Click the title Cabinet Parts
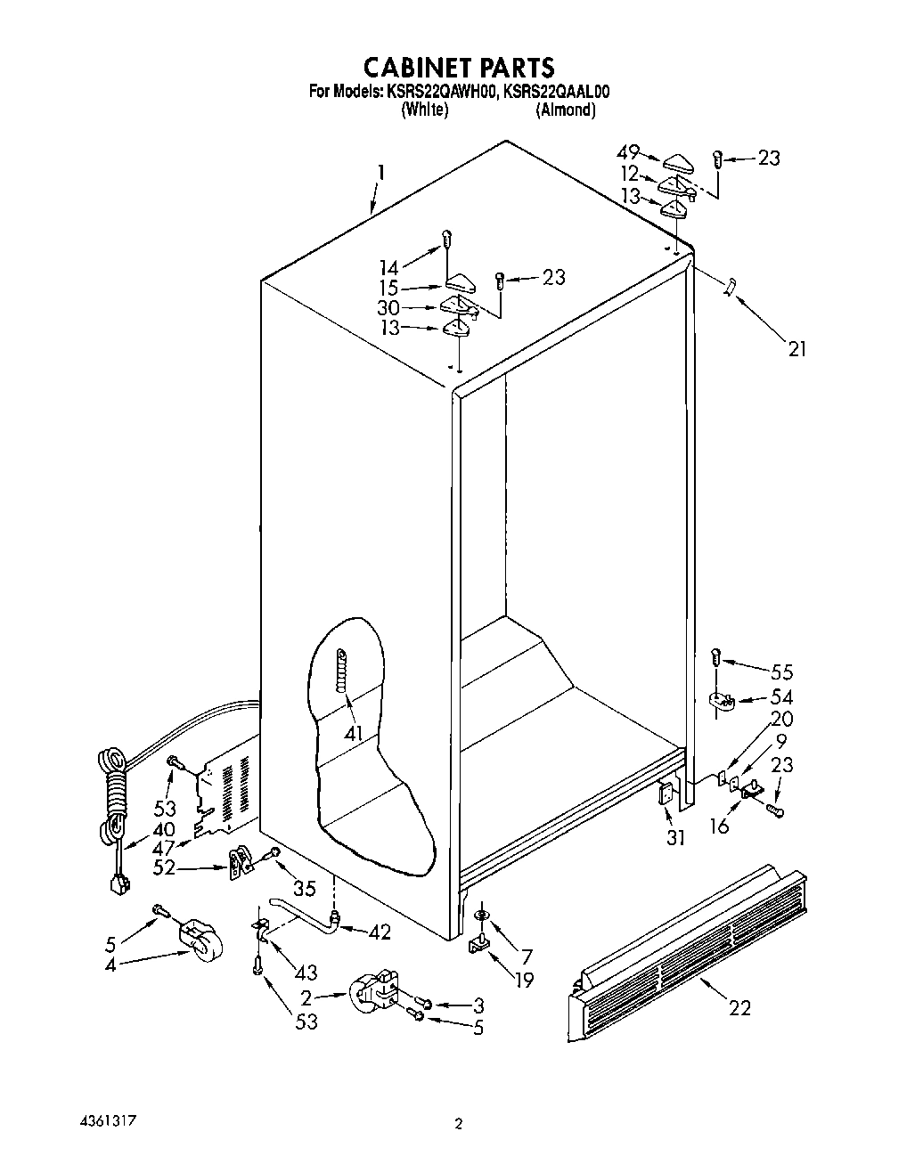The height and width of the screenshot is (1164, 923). [x=460, y=68]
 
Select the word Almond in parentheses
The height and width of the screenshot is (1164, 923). [x=565, y=110]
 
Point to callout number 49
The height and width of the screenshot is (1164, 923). [x=628, y=153]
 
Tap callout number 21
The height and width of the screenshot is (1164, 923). [x=796, y=349]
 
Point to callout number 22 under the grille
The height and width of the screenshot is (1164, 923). [x=739, y=1007]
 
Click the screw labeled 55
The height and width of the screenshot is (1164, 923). [x=715, y=657]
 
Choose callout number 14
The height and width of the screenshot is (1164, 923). [x=388, y=265]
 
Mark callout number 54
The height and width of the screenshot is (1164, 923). [x=780, y=696]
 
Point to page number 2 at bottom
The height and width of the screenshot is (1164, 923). [x=459, y=1125]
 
